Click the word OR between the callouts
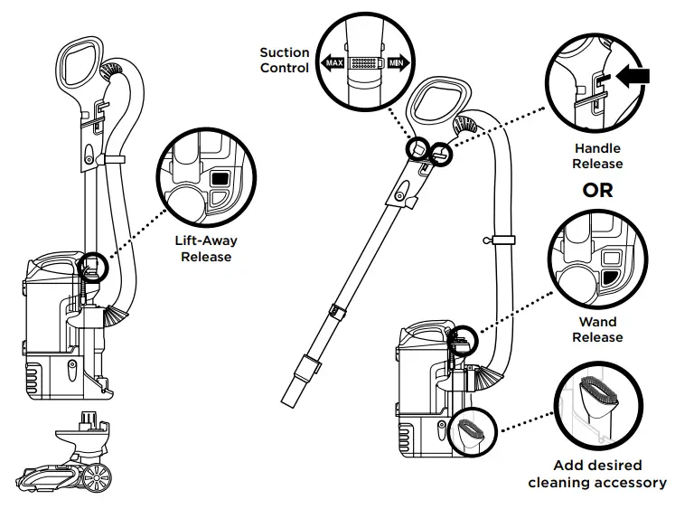[x=597, y=191]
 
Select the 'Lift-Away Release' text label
[x=206, y=249]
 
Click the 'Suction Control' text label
[x=284, y=61]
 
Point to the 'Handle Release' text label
[x=597, y=156]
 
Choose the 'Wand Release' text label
[x=597, y=329]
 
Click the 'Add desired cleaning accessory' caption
[x=597, y=474]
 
